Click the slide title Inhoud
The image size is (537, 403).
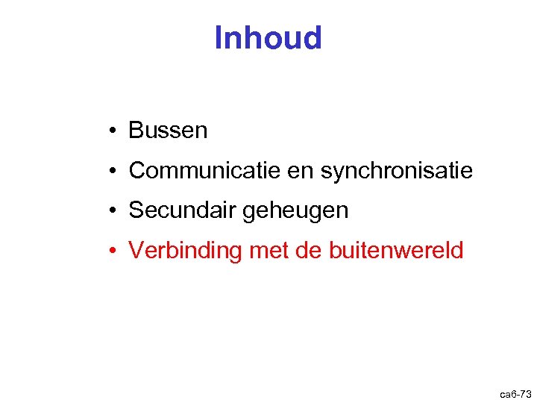click(x=268, y=38)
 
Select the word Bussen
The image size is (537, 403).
click(x=168, y=131)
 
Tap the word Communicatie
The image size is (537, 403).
click(x=204, y=171)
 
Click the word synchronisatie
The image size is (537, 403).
click(x=397, y=171)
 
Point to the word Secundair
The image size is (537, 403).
click(x=182, y=210)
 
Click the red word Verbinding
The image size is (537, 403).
click(x=186, y=251)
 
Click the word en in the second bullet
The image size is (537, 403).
click(x=301, y=172)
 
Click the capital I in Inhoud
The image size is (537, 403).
click(x=218, y=38)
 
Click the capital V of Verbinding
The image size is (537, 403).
click(x=136, y=251)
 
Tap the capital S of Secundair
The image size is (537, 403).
click(x=136, y=210)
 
